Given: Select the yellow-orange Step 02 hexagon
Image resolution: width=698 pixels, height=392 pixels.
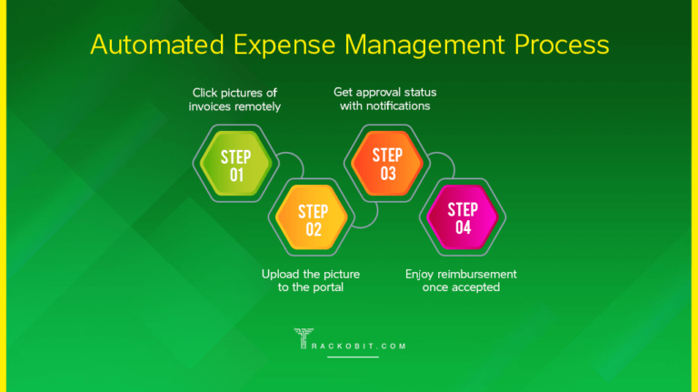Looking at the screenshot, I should (x=313, y=219).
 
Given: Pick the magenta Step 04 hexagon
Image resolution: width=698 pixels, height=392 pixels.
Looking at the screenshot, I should (x=464, y=218).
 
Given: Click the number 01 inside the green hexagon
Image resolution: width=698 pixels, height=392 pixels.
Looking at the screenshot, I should (x=235, y=175).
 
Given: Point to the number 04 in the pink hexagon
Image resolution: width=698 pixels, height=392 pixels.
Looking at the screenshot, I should (x=464, y=228).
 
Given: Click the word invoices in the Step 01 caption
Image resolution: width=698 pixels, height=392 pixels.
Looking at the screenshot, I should (x=212, y=106).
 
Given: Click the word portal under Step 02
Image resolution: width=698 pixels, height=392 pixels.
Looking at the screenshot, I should (x=325, y=287).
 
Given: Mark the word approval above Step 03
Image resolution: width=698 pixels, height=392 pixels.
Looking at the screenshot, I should (x=383, y=93).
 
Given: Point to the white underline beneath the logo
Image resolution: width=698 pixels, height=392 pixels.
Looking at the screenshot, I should (x=352, y=357).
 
